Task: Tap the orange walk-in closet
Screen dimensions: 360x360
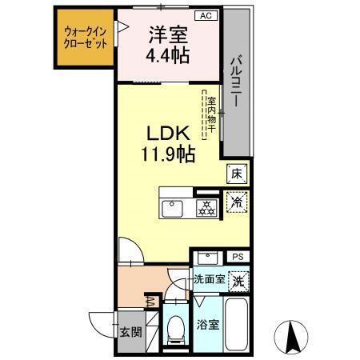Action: (84, 39)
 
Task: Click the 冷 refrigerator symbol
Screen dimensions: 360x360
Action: (237, 203)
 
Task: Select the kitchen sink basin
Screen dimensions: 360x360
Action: (174, 208)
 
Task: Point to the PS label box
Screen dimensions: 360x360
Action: (238, 256)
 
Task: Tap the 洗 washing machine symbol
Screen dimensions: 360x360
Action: (238, 281)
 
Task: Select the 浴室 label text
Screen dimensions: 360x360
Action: (206, 326)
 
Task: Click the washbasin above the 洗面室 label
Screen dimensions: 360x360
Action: (208, 258)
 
